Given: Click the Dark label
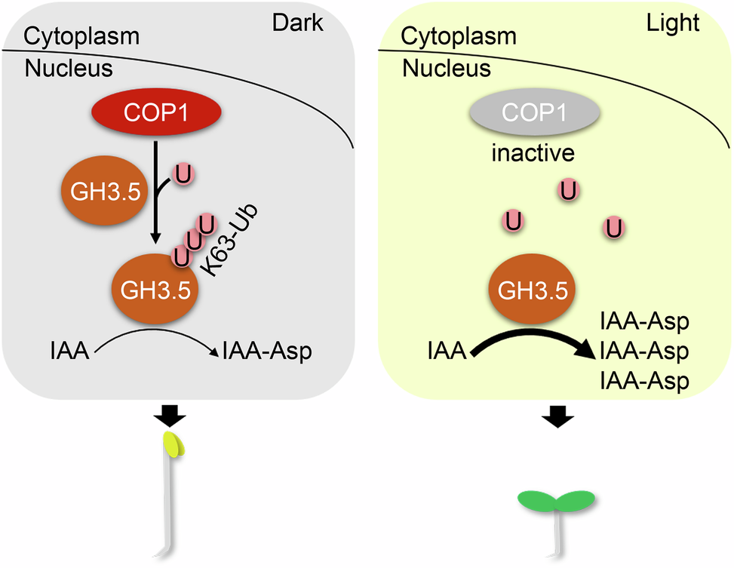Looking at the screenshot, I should [297, 23].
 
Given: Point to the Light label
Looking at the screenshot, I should [673, 23].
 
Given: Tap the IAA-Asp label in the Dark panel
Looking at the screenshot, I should [265, 350].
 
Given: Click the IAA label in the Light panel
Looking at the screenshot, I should [445, 350].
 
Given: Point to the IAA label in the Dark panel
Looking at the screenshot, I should [69, 350].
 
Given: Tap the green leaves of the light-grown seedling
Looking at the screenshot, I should [557, 500].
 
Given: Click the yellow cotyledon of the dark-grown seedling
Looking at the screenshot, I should [174, 444].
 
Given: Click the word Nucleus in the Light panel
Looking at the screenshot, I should [447, 69].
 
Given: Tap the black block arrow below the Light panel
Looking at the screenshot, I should [557, 414].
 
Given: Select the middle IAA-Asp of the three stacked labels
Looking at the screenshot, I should [643, 352].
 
